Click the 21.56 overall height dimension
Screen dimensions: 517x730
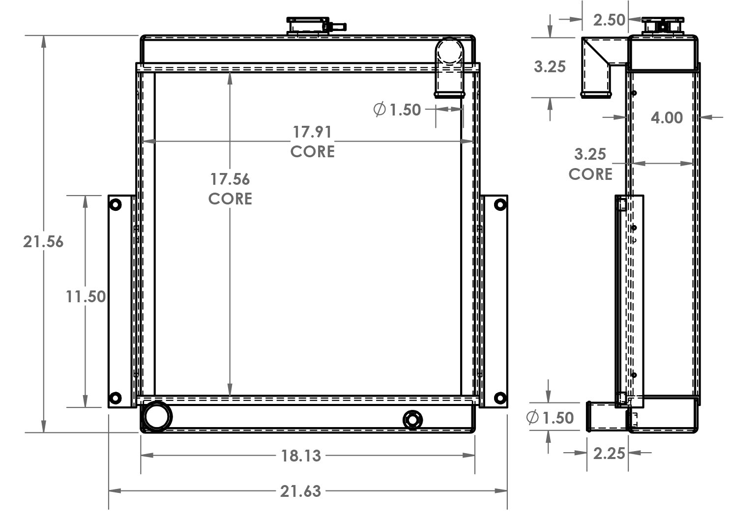pyautogui.click(x=43, y=241)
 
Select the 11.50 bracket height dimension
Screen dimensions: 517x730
pyautogui.click(x=86, y=296)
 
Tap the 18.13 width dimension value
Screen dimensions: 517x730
pyautogui.click(x=301, y=456)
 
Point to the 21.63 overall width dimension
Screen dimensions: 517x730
pyautogui.click(x=300, y=491)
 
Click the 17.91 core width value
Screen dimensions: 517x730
pyautogui.click(x=312, y=132)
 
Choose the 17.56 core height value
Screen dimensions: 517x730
pyautogui.click(x=230, y=179)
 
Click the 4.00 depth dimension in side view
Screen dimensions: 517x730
pyautogui.click(x=666, y=117)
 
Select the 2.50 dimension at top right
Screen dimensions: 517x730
pyautogui.click(x=609, y=20)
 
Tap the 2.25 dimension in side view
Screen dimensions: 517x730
pyautogui.click(x=609, y=453)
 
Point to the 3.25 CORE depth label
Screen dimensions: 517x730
pyautogui.click(x=590, y=164)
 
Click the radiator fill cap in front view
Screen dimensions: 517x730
pyautogui.click(x=308, y=26)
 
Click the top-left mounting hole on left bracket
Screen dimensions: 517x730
pyautogui.click(x=115, y=204)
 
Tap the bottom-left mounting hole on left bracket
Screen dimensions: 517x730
pyautogui.click(x=115, y=397)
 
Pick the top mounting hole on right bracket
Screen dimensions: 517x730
pyautogui.click(x=500, y=204)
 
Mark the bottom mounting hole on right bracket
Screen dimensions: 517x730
pyautogui.click(x=500, y=397)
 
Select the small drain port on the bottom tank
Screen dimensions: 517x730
pyautogui.click(x=412, y=420)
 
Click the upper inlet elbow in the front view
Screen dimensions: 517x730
pyautogui.click(x=449, y=66)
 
